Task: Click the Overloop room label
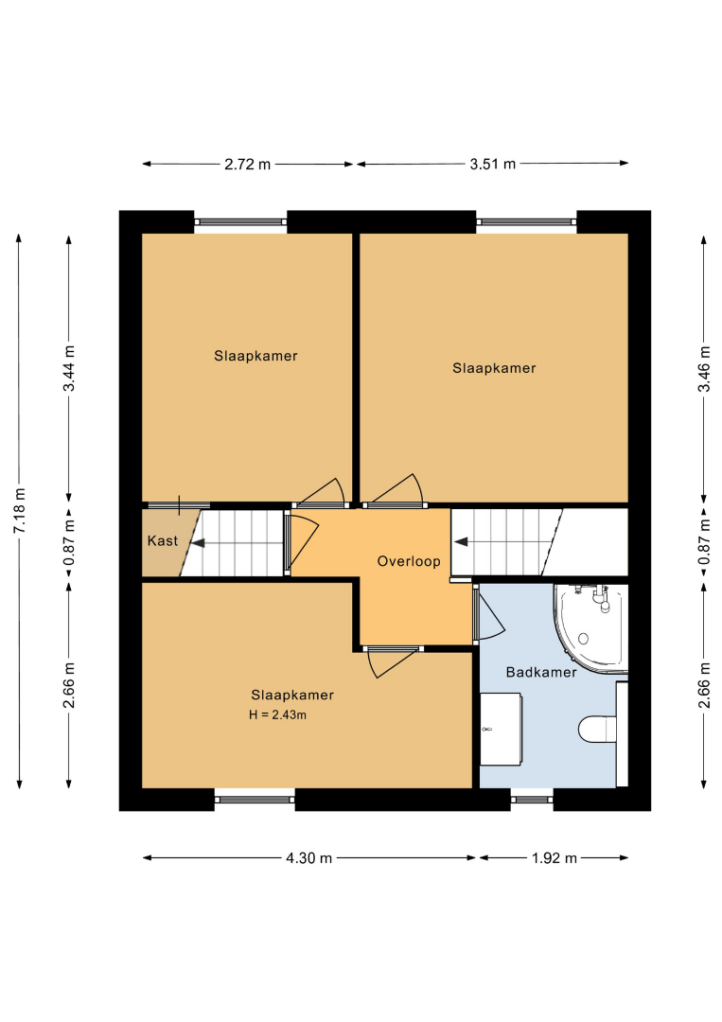[409, 561]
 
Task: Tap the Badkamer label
[541, 672]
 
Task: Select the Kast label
[162, 540]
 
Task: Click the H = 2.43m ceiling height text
[277, 715]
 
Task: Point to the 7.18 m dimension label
[20, 510]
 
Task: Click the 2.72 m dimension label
[248, 165]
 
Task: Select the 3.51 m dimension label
[493, 165]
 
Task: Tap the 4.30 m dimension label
[308, 857]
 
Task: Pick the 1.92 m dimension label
[555, 857]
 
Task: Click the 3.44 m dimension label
[69, 368]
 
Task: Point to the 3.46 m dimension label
[704, 369]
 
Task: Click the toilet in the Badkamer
[597, 730]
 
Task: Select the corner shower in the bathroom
[590, 627]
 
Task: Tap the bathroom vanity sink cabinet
[502, 729]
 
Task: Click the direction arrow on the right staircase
[461, 541]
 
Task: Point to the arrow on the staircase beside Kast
[197, 542]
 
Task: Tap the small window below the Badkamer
[532, 799]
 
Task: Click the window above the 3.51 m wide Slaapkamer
[526, 222]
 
